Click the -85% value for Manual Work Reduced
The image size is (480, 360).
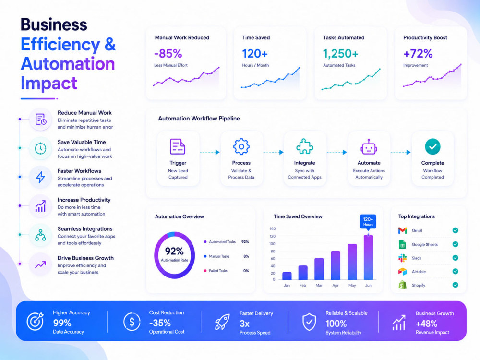168,54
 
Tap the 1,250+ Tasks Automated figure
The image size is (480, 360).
340,54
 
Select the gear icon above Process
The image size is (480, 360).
241,146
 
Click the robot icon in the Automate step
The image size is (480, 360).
369,146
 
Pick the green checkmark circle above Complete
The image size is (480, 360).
432,146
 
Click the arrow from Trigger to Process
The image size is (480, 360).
210,152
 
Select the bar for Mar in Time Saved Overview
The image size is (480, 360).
319,269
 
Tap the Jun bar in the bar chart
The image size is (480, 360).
368,257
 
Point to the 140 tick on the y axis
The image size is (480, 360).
273,228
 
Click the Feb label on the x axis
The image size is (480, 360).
303,285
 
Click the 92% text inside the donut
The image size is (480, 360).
174,252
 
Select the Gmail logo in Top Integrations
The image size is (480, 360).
403,230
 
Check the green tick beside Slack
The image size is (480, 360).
455,258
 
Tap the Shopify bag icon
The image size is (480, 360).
403,285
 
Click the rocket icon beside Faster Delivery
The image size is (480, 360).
222,322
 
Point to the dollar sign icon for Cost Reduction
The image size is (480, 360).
132,322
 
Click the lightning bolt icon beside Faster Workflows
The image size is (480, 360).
40,177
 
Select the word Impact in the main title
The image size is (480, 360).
49,83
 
